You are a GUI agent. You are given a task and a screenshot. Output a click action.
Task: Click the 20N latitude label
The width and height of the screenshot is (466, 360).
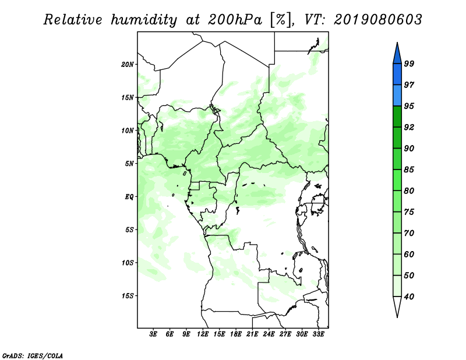click(x=127, y=65)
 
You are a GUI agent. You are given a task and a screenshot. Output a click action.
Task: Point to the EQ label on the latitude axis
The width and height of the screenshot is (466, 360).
click(x=129, y=197)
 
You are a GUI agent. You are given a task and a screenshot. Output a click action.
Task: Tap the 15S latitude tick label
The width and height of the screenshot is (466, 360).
click(x=127, y=296)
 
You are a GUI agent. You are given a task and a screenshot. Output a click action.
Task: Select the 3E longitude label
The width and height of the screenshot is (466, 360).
click(x=153, y=334)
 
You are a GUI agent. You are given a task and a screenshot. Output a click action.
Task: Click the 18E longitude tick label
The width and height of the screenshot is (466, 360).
click(x=236, y=334)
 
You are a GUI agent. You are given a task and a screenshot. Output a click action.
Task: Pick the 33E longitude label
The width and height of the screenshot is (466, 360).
click(x=318, y=334)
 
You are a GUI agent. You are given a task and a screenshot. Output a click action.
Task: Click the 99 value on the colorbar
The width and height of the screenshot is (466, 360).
click(x=409, y=63)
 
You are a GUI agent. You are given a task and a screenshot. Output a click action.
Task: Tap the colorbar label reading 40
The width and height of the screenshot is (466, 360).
click(x=409, y=297)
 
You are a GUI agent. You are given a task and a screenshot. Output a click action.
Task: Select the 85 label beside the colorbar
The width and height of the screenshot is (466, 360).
click(x=409, y=170)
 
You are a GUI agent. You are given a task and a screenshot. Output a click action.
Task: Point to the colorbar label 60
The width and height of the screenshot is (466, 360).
click(x=409, y=254)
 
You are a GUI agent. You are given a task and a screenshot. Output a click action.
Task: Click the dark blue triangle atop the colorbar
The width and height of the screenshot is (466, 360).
click(x=397, y=54)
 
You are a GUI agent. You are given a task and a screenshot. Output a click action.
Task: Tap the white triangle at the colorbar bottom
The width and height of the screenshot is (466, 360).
click(x=397, y=306)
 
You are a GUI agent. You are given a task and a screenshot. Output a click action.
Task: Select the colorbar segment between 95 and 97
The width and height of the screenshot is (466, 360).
click(x=397, y=96)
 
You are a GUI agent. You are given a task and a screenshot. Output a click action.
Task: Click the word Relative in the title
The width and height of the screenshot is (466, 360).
click(x=73, y=20)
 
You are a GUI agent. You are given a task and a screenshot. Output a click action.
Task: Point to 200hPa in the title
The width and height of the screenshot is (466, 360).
click(x=235, y=20)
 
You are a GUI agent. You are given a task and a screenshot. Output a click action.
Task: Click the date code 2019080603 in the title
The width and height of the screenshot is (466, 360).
click(x=377, y=20)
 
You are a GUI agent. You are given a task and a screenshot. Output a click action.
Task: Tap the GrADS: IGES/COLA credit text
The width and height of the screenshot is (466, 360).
click(x=33, y=356)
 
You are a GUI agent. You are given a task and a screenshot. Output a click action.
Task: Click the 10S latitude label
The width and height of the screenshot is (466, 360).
click(x=127, y=263)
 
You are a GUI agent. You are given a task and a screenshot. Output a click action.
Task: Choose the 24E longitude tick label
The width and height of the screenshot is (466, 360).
click(x=269, y=334)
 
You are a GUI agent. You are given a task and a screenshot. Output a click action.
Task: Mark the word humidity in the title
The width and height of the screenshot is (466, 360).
click(x=144, y=20)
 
